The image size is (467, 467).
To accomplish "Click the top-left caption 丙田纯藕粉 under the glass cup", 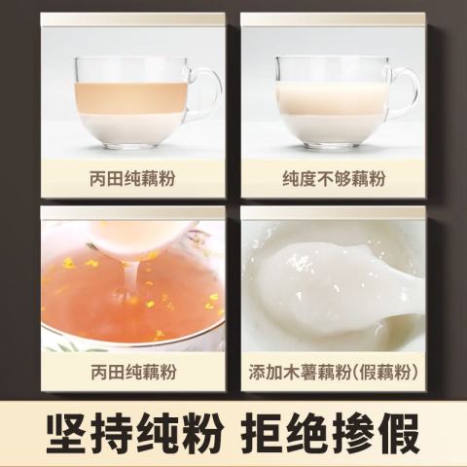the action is point(132,179).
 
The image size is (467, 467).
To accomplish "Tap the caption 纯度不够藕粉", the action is point(334,179).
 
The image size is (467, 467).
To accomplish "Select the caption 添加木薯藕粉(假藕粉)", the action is point(333,372).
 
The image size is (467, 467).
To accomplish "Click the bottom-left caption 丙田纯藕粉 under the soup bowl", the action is point(133,372).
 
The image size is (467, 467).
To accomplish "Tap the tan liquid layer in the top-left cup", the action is point(131,97).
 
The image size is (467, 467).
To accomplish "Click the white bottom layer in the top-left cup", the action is point(131,128).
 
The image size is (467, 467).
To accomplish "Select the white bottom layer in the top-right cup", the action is point(332,129).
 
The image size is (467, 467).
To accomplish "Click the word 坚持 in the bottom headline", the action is point(90,434).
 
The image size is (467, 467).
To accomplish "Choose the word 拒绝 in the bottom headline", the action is point(287,434).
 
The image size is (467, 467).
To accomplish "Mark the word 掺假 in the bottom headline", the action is point(377,434).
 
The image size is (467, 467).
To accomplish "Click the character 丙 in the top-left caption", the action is point(98,179).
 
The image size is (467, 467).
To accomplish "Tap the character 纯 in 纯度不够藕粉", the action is point(291,179).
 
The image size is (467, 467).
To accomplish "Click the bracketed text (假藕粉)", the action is point(384,372).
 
